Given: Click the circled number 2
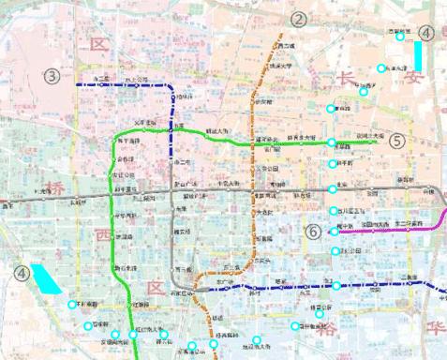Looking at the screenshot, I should tap(298, 20).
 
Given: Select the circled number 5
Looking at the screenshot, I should tap(396, 141).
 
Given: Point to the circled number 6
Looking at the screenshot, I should tap(314, 232).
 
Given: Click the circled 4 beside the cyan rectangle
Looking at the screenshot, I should tap(426, 33).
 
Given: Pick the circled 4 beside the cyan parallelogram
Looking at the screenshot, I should tap(22, 273).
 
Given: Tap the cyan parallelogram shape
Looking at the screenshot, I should tap(45, 279).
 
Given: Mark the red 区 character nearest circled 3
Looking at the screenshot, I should tap(99, 43).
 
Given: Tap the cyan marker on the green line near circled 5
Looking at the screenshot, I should tap(332, 142).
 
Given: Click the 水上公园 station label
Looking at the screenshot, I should tap(136, 80).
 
